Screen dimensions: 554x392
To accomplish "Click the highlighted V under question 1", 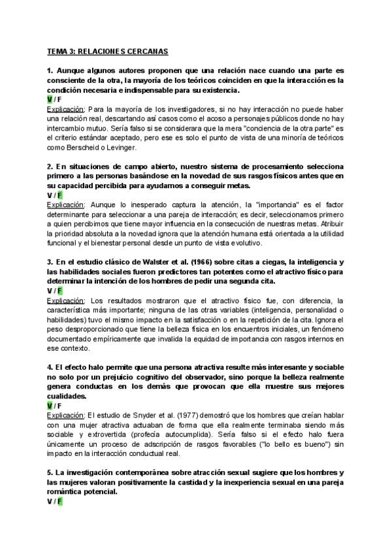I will pyautogui.click(x=50, y=99).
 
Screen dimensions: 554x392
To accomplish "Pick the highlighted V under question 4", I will pyautogui.click(x=50, y=406).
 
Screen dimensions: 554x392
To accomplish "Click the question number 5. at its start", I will pyautogui.click(x=50, y=472).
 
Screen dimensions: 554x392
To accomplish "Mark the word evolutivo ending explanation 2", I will pyautogui.click(x=243, y=243).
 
